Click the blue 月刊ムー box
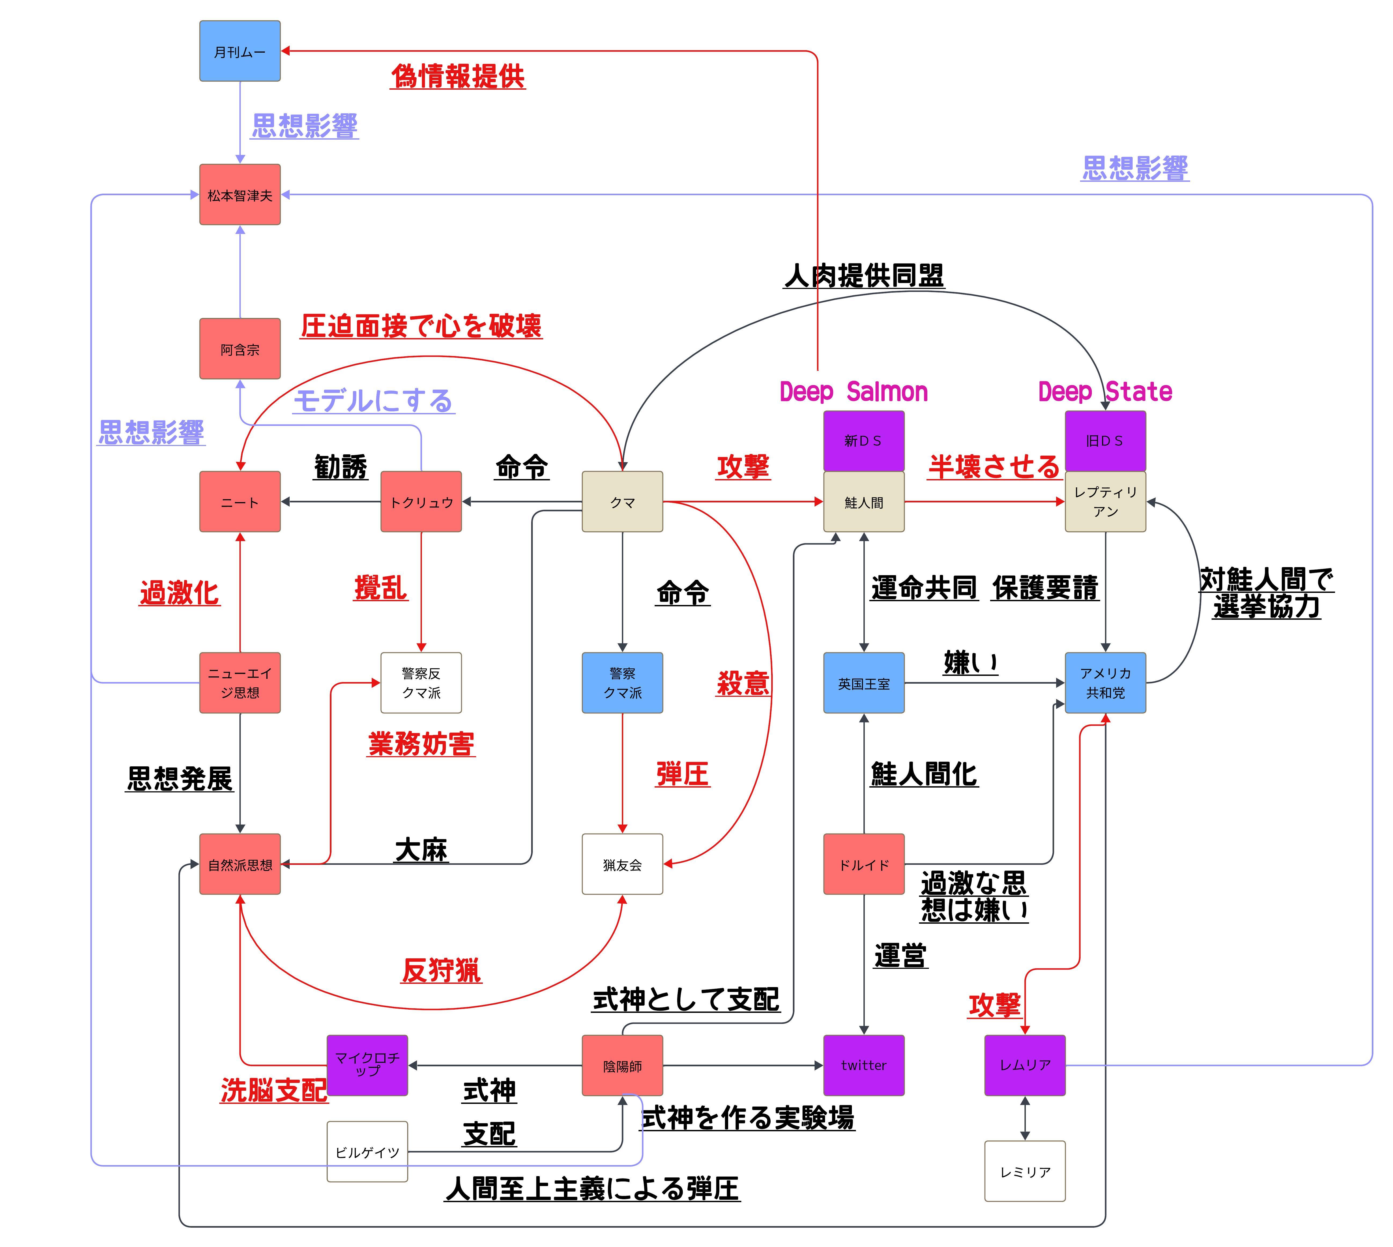pyautogui.click(x=240, y=51)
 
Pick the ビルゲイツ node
pyautogui.click(x=367, y=1152)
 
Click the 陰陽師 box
pyautogui.click(x=622, y=1065)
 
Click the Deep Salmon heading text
pyautogui.click(x=853, y=392)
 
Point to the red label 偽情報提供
pyautogui.click(x=457, y=76)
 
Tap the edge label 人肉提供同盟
pyautogui.click(x=864, y=275)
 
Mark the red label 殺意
pyautogui.click(x=743, y=683)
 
